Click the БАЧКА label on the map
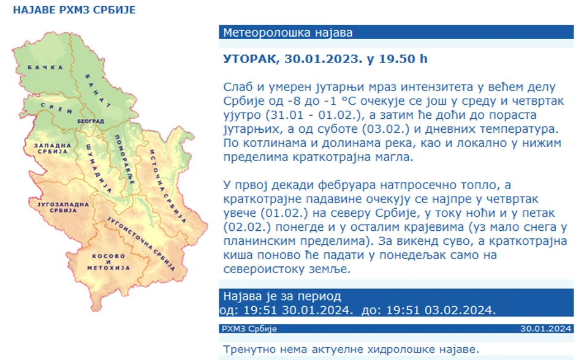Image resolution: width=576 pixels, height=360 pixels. (45, 67)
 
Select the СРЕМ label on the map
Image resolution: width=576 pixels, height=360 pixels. (57, 108)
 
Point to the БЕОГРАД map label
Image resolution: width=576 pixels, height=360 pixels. (90, 121)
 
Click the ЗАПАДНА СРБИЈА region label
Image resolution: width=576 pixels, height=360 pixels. (53, 149)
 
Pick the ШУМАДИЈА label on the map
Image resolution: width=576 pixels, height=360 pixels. (99, 168)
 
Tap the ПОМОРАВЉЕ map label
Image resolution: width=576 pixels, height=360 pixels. (125, 160)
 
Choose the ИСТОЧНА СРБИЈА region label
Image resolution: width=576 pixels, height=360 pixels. (168, 186)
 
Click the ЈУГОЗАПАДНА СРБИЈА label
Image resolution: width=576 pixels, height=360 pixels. (63, 208)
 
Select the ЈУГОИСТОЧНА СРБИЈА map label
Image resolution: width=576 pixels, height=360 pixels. (141, 243)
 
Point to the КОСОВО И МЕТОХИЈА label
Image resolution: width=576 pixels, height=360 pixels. (108, 262)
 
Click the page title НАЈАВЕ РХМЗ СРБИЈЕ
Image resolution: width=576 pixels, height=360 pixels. (74, 10)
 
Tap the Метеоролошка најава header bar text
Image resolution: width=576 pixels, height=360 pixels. (287, 32)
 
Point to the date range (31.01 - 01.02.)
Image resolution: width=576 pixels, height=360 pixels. (314, 115)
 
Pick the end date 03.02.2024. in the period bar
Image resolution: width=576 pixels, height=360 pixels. (460, 310)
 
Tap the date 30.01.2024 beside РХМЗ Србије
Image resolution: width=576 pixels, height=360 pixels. (545, 329)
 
